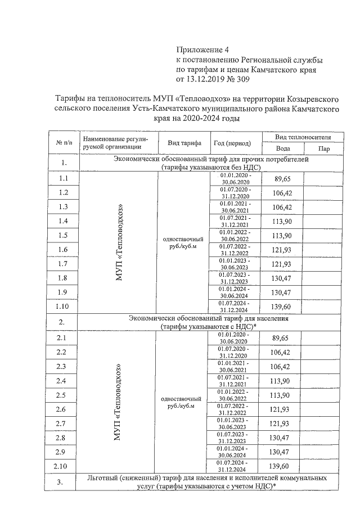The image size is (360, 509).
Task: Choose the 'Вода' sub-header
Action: (x=283, y=148)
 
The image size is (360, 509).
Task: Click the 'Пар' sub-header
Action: (x=323, y=148)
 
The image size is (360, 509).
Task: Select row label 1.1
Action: (x=64, y=179)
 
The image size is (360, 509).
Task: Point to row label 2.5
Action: (x=63, y=395)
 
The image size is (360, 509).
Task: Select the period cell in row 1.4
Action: (x=236, y=221)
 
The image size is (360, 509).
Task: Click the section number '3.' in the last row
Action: (x=63, y=481)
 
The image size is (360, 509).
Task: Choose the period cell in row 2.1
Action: (x=236, y=338)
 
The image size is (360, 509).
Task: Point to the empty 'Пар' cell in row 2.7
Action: (x=323, y=423)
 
